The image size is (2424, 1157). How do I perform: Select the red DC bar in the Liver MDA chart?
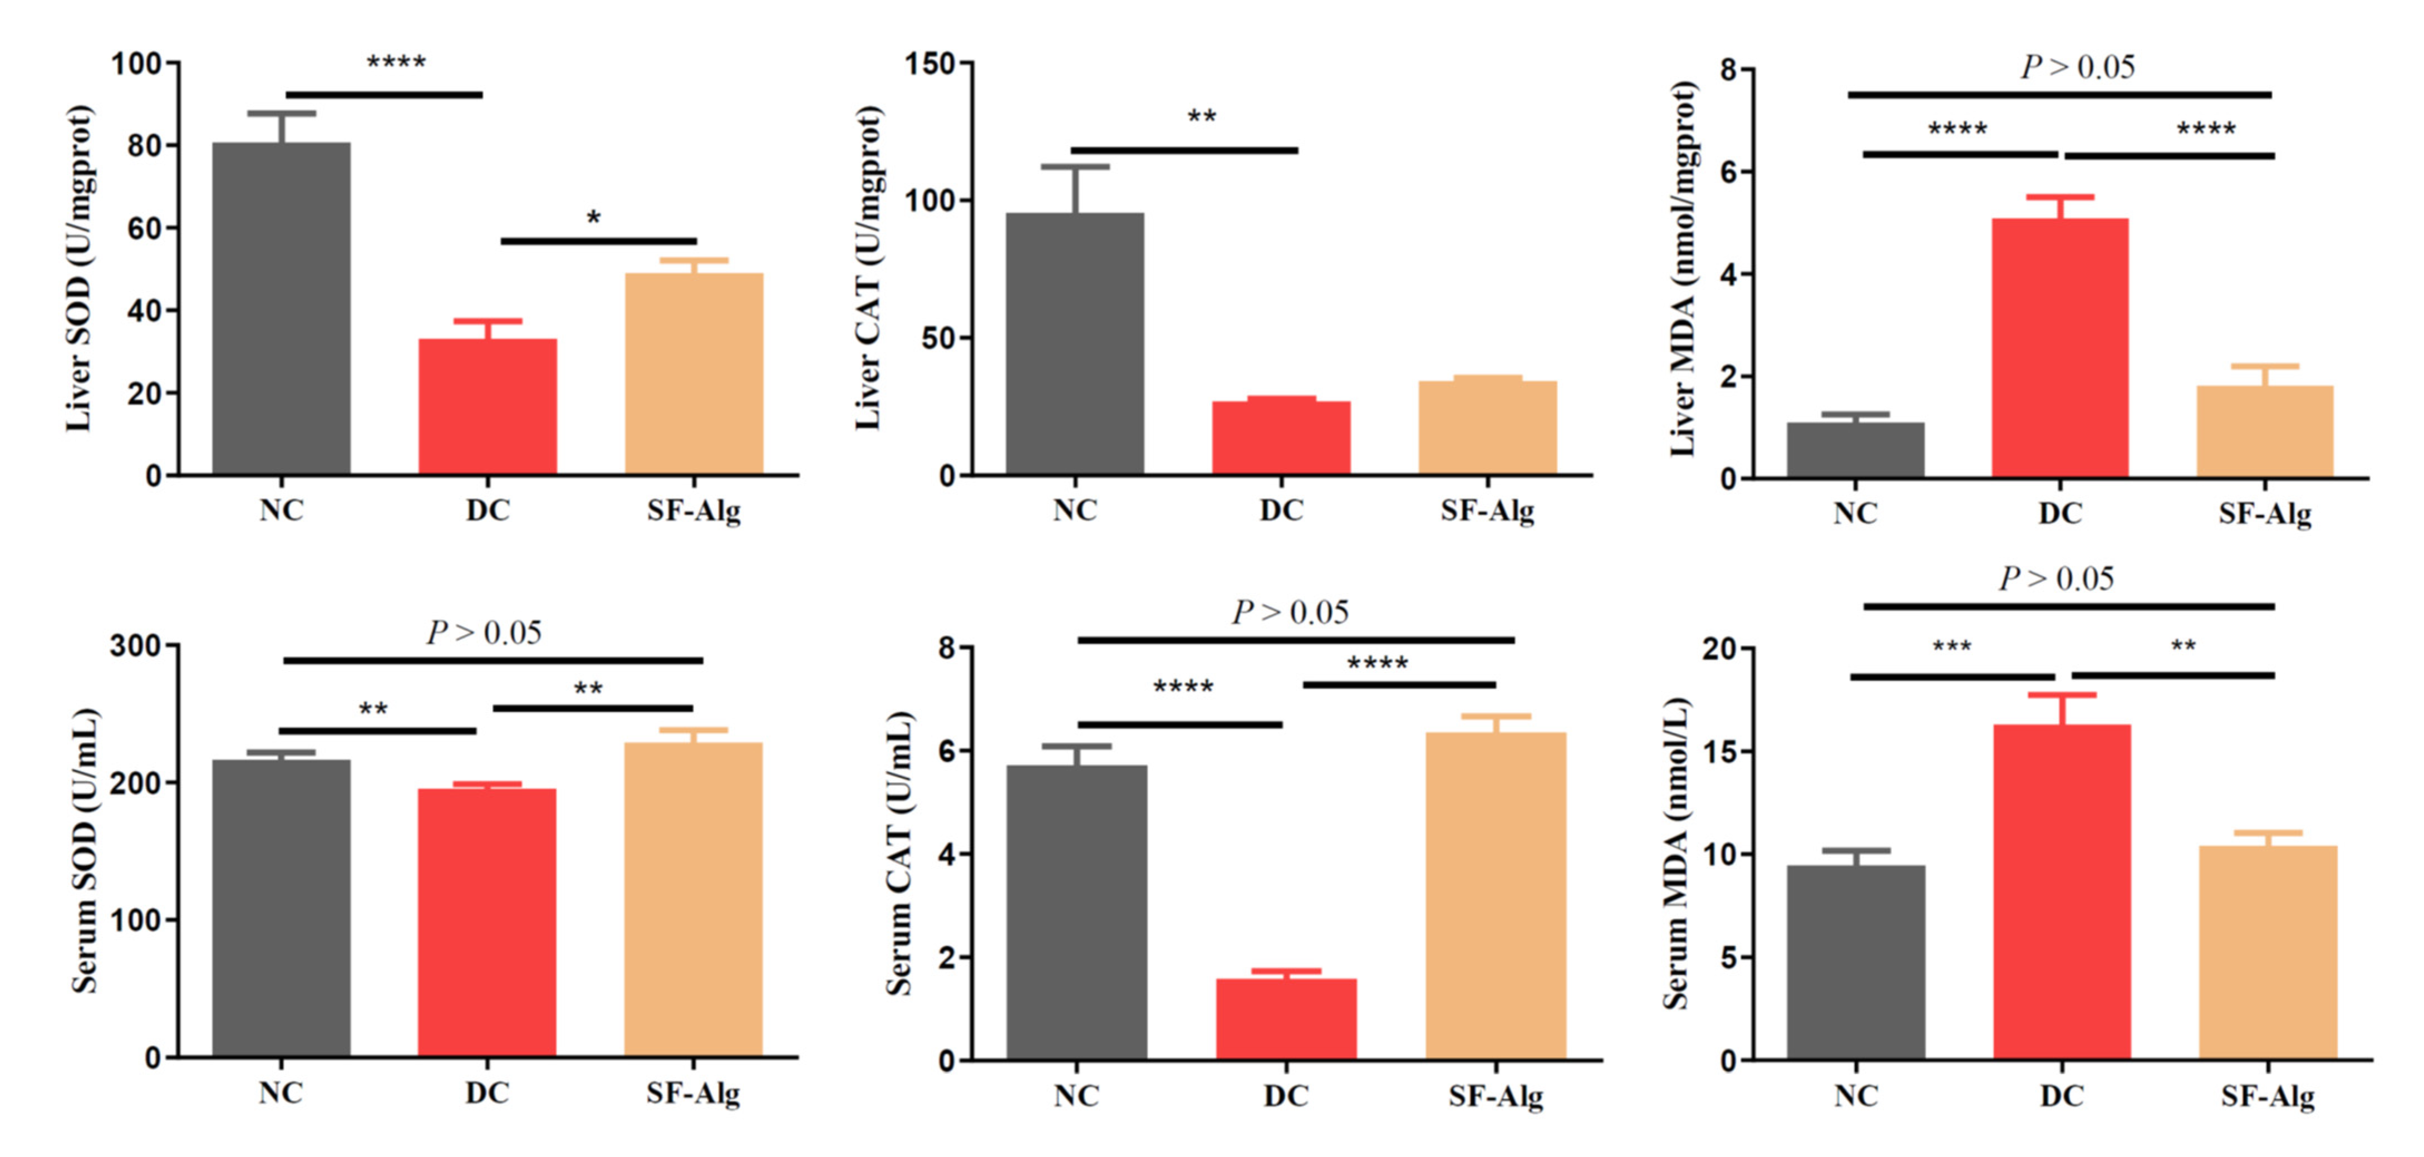click(x=2060, y=349)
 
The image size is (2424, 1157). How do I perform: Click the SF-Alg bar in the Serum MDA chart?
click(x=2268, y=952)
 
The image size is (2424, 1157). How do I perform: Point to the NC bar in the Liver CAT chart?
click(x=1075, y=344)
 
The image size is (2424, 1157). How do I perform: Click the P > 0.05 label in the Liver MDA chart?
click(x=2078, y=67)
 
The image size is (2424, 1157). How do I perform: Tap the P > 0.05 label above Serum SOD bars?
click(x=485, y=633)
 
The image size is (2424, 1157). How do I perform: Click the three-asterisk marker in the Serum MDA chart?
click(x=1951, y=648)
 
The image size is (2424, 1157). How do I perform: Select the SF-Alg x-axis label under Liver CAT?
click(x=1487, y=510)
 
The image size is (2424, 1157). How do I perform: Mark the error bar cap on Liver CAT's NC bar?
click(x=1075, y=166)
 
